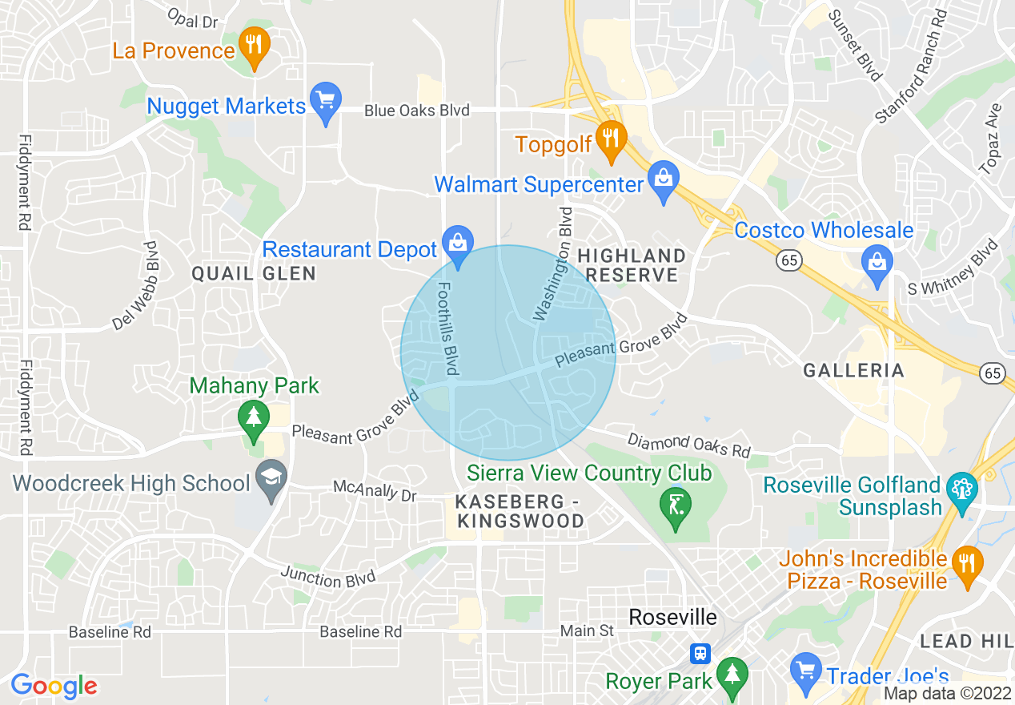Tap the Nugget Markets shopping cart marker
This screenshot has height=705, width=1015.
tap(325, 102)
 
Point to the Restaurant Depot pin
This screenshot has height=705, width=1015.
tap(458, 245)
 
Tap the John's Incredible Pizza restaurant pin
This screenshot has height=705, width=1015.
tap(967, 565)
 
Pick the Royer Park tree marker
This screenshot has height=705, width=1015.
tap(732, 675)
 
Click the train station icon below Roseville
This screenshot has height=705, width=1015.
tap(700, 653)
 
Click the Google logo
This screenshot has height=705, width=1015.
tap(54, 686)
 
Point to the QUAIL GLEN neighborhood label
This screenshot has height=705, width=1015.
tap(254, 274)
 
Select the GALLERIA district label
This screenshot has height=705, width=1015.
tap(853, 370)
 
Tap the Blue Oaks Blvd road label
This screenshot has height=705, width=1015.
tap(416, 111)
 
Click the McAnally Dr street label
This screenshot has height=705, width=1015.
tap(375, 491)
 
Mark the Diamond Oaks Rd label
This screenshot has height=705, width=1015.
tap(688, 445)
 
